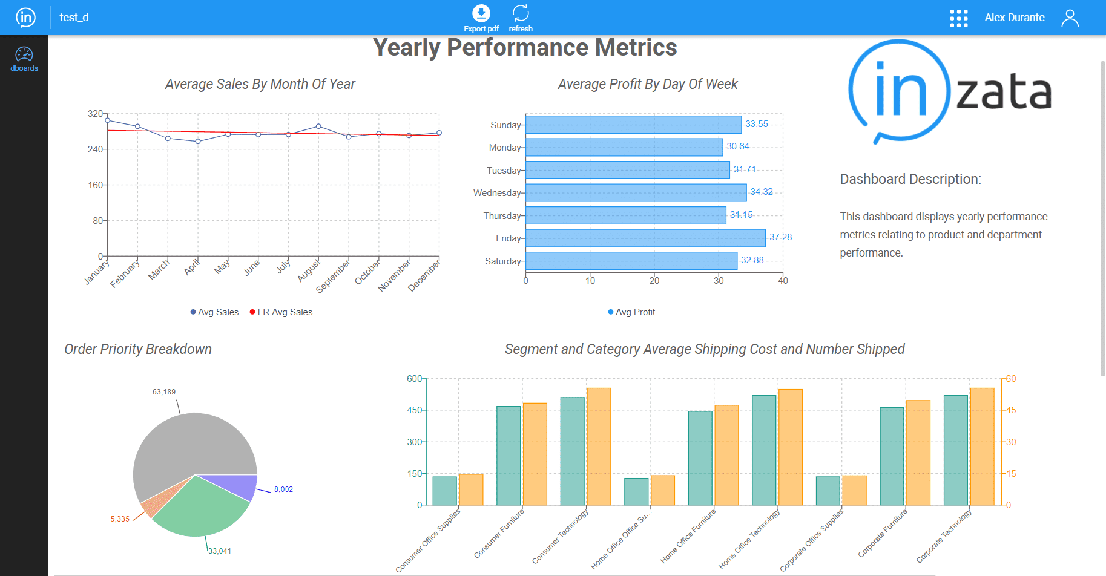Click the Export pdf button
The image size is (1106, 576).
[481, 18]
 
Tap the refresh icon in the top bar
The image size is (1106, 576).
[521, 18]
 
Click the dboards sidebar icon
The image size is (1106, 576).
[24, 59]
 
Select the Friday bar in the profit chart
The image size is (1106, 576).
[645, 238]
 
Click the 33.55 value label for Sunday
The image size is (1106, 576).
[756, 124]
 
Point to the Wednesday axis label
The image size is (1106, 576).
[497, 193]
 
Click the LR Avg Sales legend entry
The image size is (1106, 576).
[281, 312]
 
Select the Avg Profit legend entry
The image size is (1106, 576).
[632, 312]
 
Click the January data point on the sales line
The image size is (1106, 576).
[108, 120]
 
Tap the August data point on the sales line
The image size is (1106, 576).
[318, 126]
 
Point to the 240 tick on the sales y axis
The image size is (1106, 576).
[95, 149]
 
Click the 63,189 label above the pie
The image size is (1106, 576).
[164, 392]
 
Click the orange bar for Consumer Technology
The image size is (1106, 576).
[599, 447]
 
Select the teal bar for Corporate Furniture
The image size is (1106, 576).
[892, 456]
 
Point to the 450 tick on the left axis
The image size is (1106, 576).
[415, 410]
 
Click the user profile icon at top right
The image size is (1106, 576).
[1070, 18]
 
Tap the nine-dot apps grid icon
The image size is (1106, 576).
[958, 18]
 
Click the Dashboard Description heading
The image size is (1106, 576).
[910, 179]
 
